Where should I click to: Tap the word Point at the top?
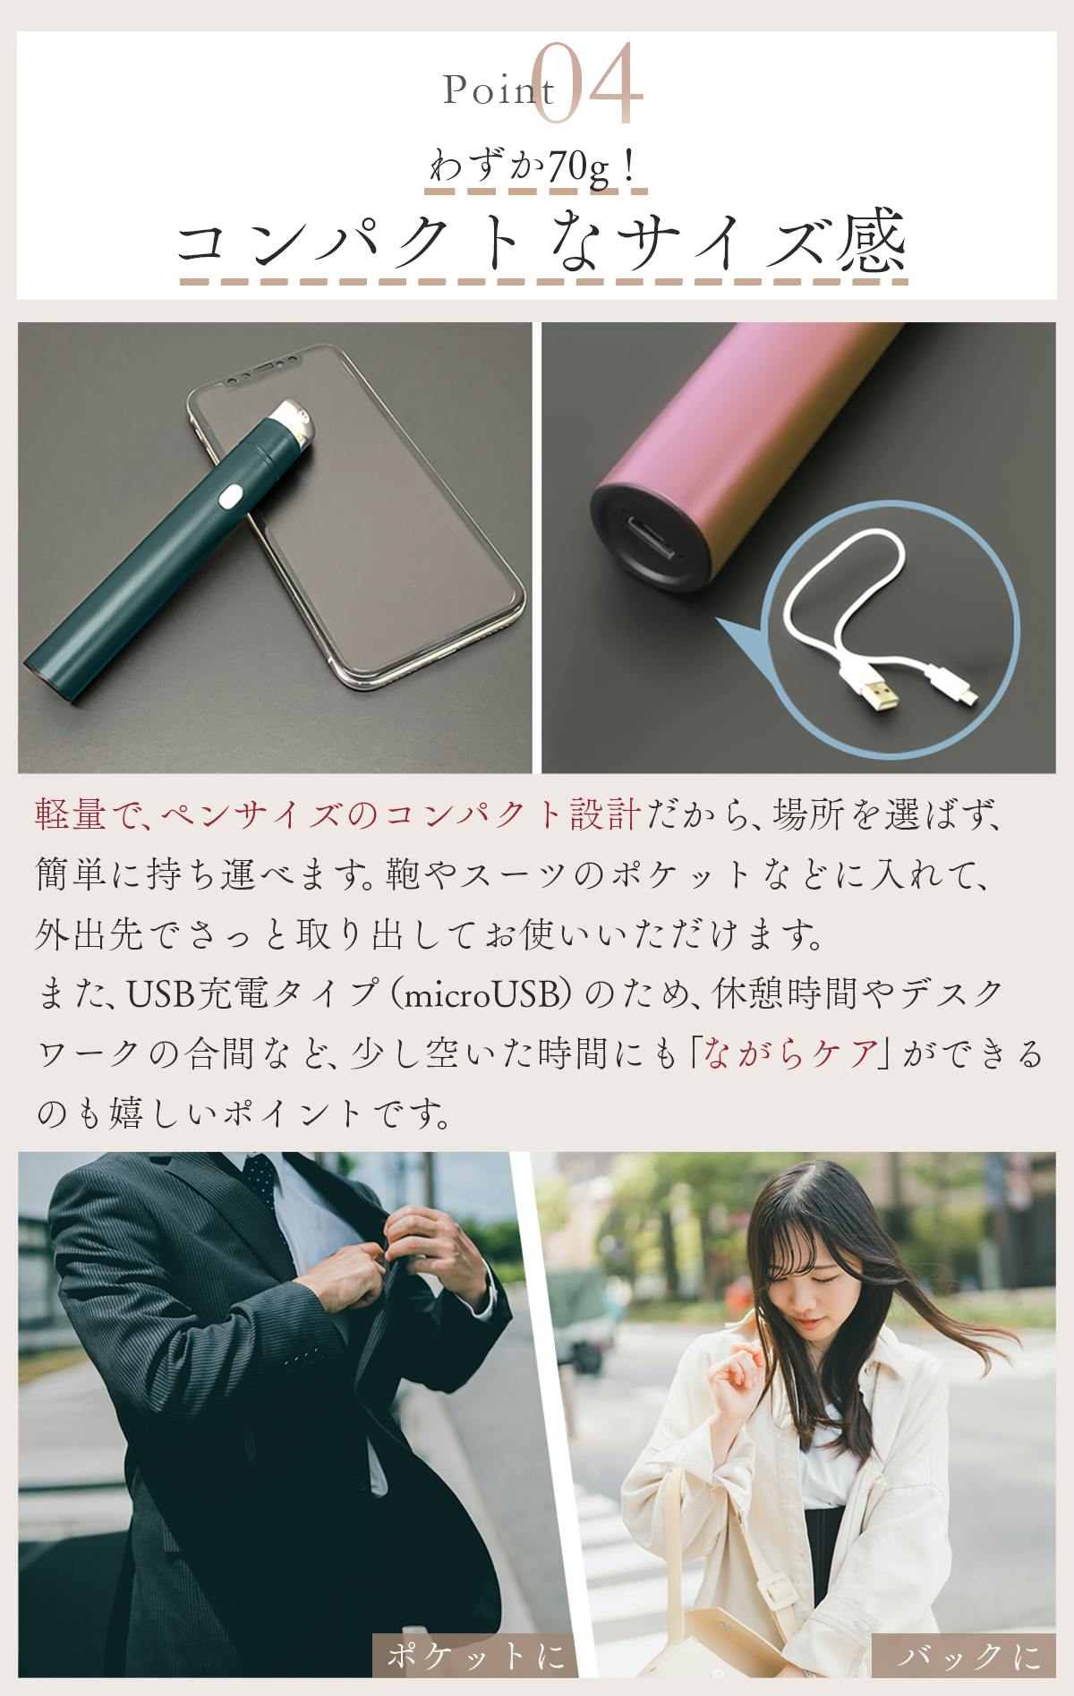(x=498, y=91)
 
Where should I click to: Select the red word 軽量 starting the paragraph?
(x=73, y=816)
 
